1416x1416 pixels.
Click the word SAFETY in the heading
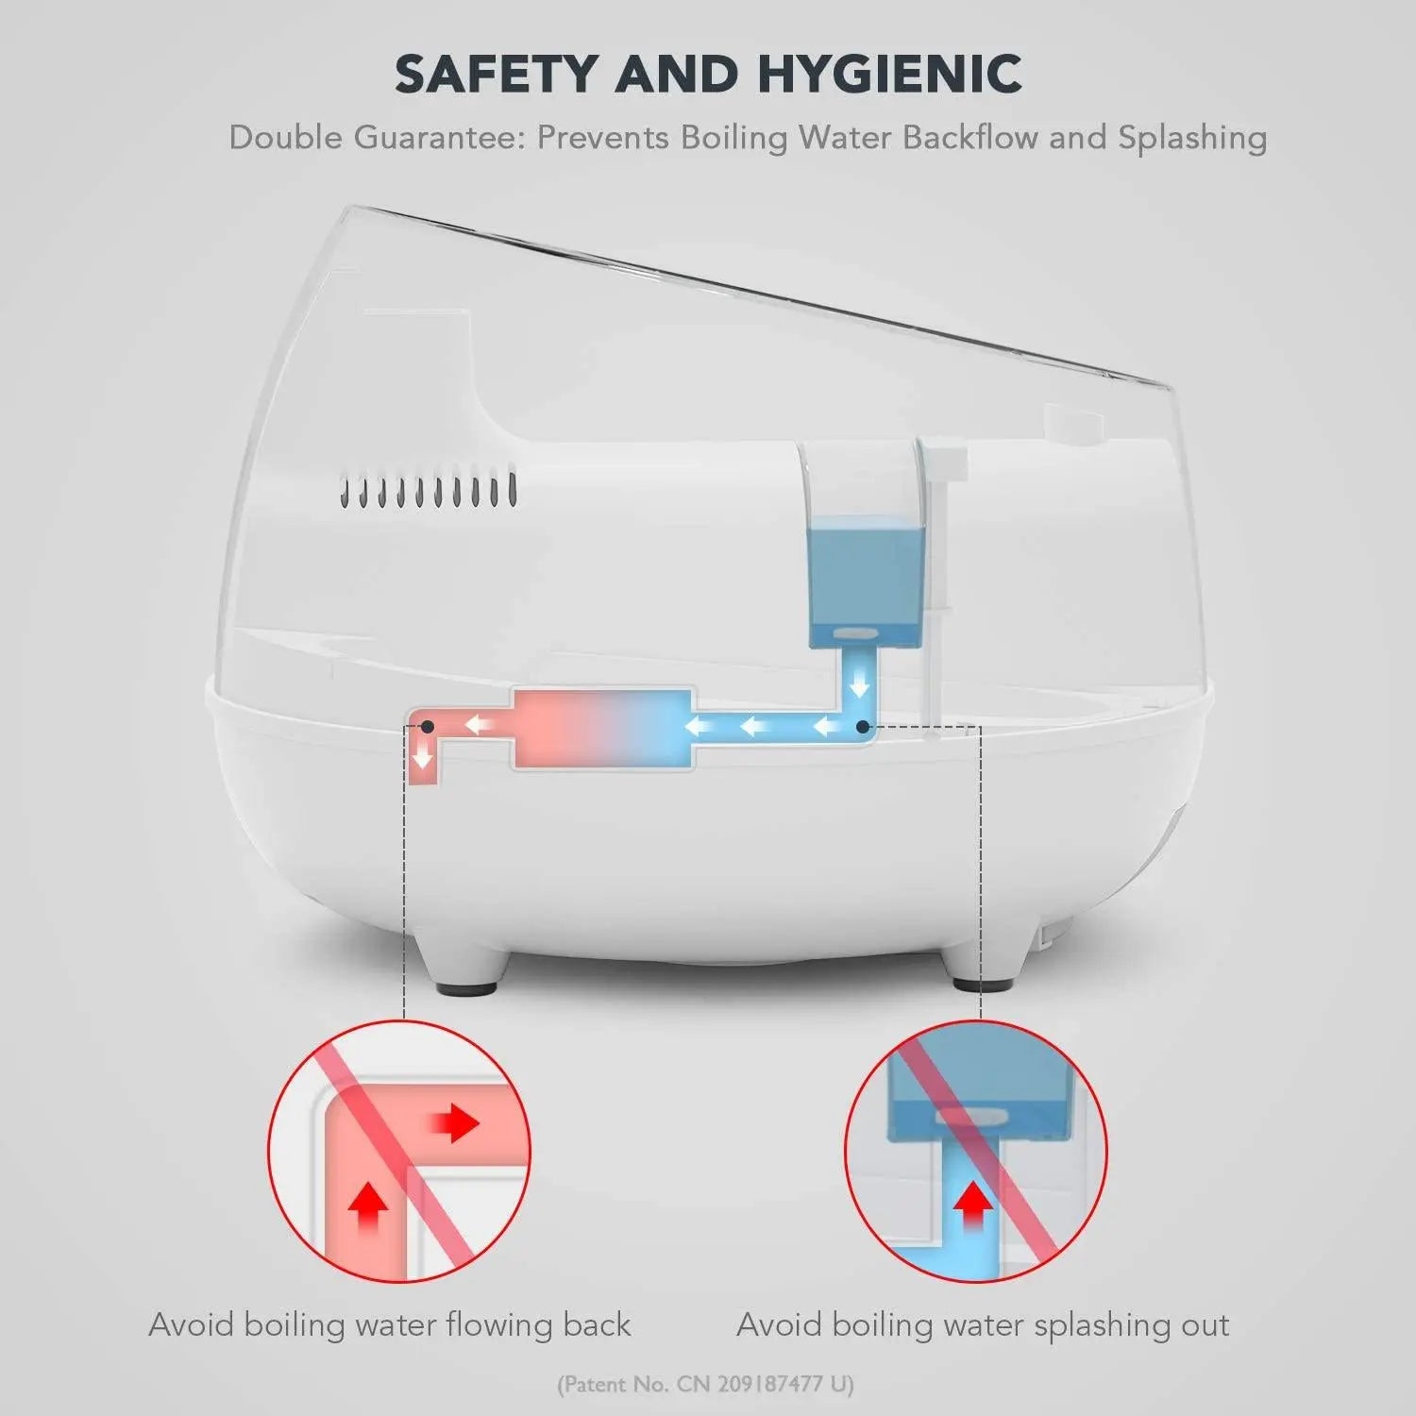(x=497, y=74)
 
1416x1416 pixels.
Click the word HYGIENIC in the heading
(x=890, y=74)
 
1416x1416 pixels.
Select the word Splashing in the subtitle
(x=1192, y=139)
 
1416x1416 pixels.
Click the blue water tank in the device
(x=866, y=588)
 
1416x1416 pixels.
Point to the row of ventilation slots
(x=429, y=489)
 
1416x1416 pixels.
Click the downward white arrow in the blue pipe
(x=859, y=684)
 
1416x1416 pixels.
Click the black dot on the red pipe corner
(x=427, y=727)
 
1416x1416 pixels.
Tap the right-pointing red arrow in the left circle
(x=455, y=1123)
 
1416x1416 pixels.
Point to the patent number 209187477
(x=770, y=1385)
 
